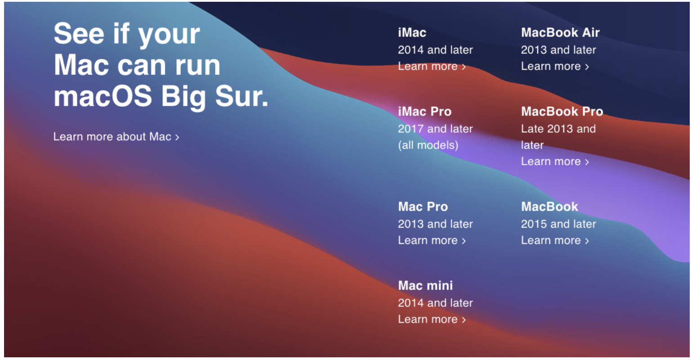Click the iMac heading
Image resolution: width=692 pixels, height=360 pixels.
[x=412, y=32]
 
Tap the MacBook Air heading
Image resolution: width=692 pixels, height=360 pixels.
[x=560, y=32]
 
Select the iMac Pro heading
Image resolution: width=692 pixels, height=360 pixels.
[x=424, y=111]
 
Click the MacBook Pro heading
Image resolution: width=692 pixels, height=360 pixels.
[x=562, y=111]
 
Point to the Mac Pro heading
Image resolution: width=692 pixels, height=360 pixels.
[x=422, y=207]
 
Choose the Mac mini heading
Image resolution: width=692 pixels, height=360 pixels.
[x=425, y=285]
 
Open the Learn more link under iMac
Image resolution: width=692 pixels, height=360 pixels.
[x=431, y=66]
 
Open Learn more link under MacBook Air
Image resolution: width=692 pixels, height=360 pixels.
[x=555, y=66]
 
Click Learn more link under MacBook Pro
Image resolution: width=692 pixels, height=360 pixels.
[x=555, y=161]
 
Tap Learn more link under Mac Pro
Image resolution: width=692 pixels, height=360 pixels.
[x=431, y=240]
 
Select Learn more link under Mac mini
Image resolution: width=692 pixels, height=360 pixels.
[x=431, y=319]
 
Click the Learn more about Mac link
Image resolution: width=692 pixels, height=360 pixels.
[x=116, y=137]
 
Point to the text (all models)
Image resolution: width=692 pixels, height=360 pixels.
[x=428, y=145]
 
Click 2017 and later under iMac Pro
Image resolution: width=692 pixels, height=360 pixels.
[x=435, y=129]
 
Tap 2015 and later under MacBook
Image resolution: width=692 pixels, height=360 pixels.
[x=558, y=224]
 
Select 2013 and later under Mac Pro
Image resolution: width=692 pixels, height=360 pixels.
[x=435, y=224]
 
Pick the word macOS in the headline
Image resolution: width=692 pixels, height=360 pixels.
[x=103, y=96]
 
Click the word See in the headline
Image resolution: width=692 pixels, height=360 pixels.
[x=79, y=33]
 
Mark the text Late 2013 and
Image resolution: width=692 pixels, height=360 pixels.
[x=558, y=129]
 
